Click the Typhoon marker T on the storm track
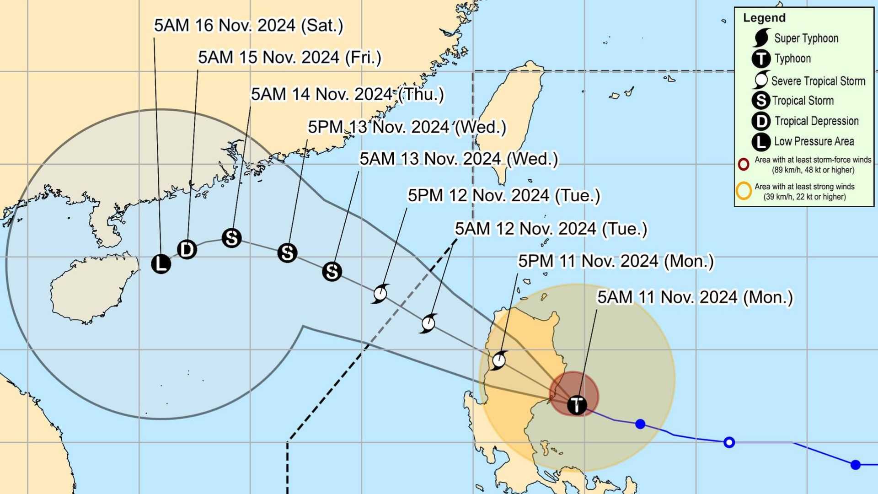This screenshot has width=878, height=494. [577, 405]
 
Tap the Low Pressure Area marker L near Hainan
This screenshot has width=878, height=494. [161, 263]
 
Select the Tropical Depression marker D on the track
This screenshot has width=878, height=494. [187, 249]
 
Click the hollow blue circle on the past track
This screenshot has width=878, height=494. [729, 442]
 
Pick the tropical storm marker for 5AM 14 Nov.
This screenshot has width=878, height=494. [231, 238]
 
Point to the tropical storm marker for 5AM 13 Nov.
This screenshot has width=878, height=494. [332, 271]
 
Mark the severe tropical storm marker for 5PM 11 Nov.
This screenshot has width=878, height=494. [498, 360]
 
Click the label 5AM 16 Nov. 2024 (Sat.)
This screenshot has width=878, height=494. [248, 26]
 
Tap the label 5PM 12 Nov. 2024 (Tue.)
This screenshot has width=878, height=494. [503, 196]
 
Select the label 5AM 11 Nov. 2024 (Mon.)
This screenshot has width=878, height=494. [695, 297]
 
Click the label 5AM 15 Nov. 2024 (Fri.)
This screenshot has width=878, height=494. [289, 58]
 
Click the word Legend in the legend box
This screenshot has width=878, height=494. [764, 18]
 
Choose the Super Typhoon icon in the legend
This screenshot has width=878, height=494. [761, 38]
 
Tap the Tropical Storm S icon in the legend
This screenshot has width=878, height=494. [761, 101]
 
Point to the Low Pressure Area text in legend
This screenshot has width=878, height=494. [814, 141]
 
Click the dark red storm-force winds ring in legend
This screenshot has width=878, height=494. [744, 164]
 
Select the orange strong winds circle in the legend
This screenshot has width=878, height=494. [744, 191]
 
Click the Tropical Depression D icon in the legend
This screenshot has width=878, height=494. [761, 121]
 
